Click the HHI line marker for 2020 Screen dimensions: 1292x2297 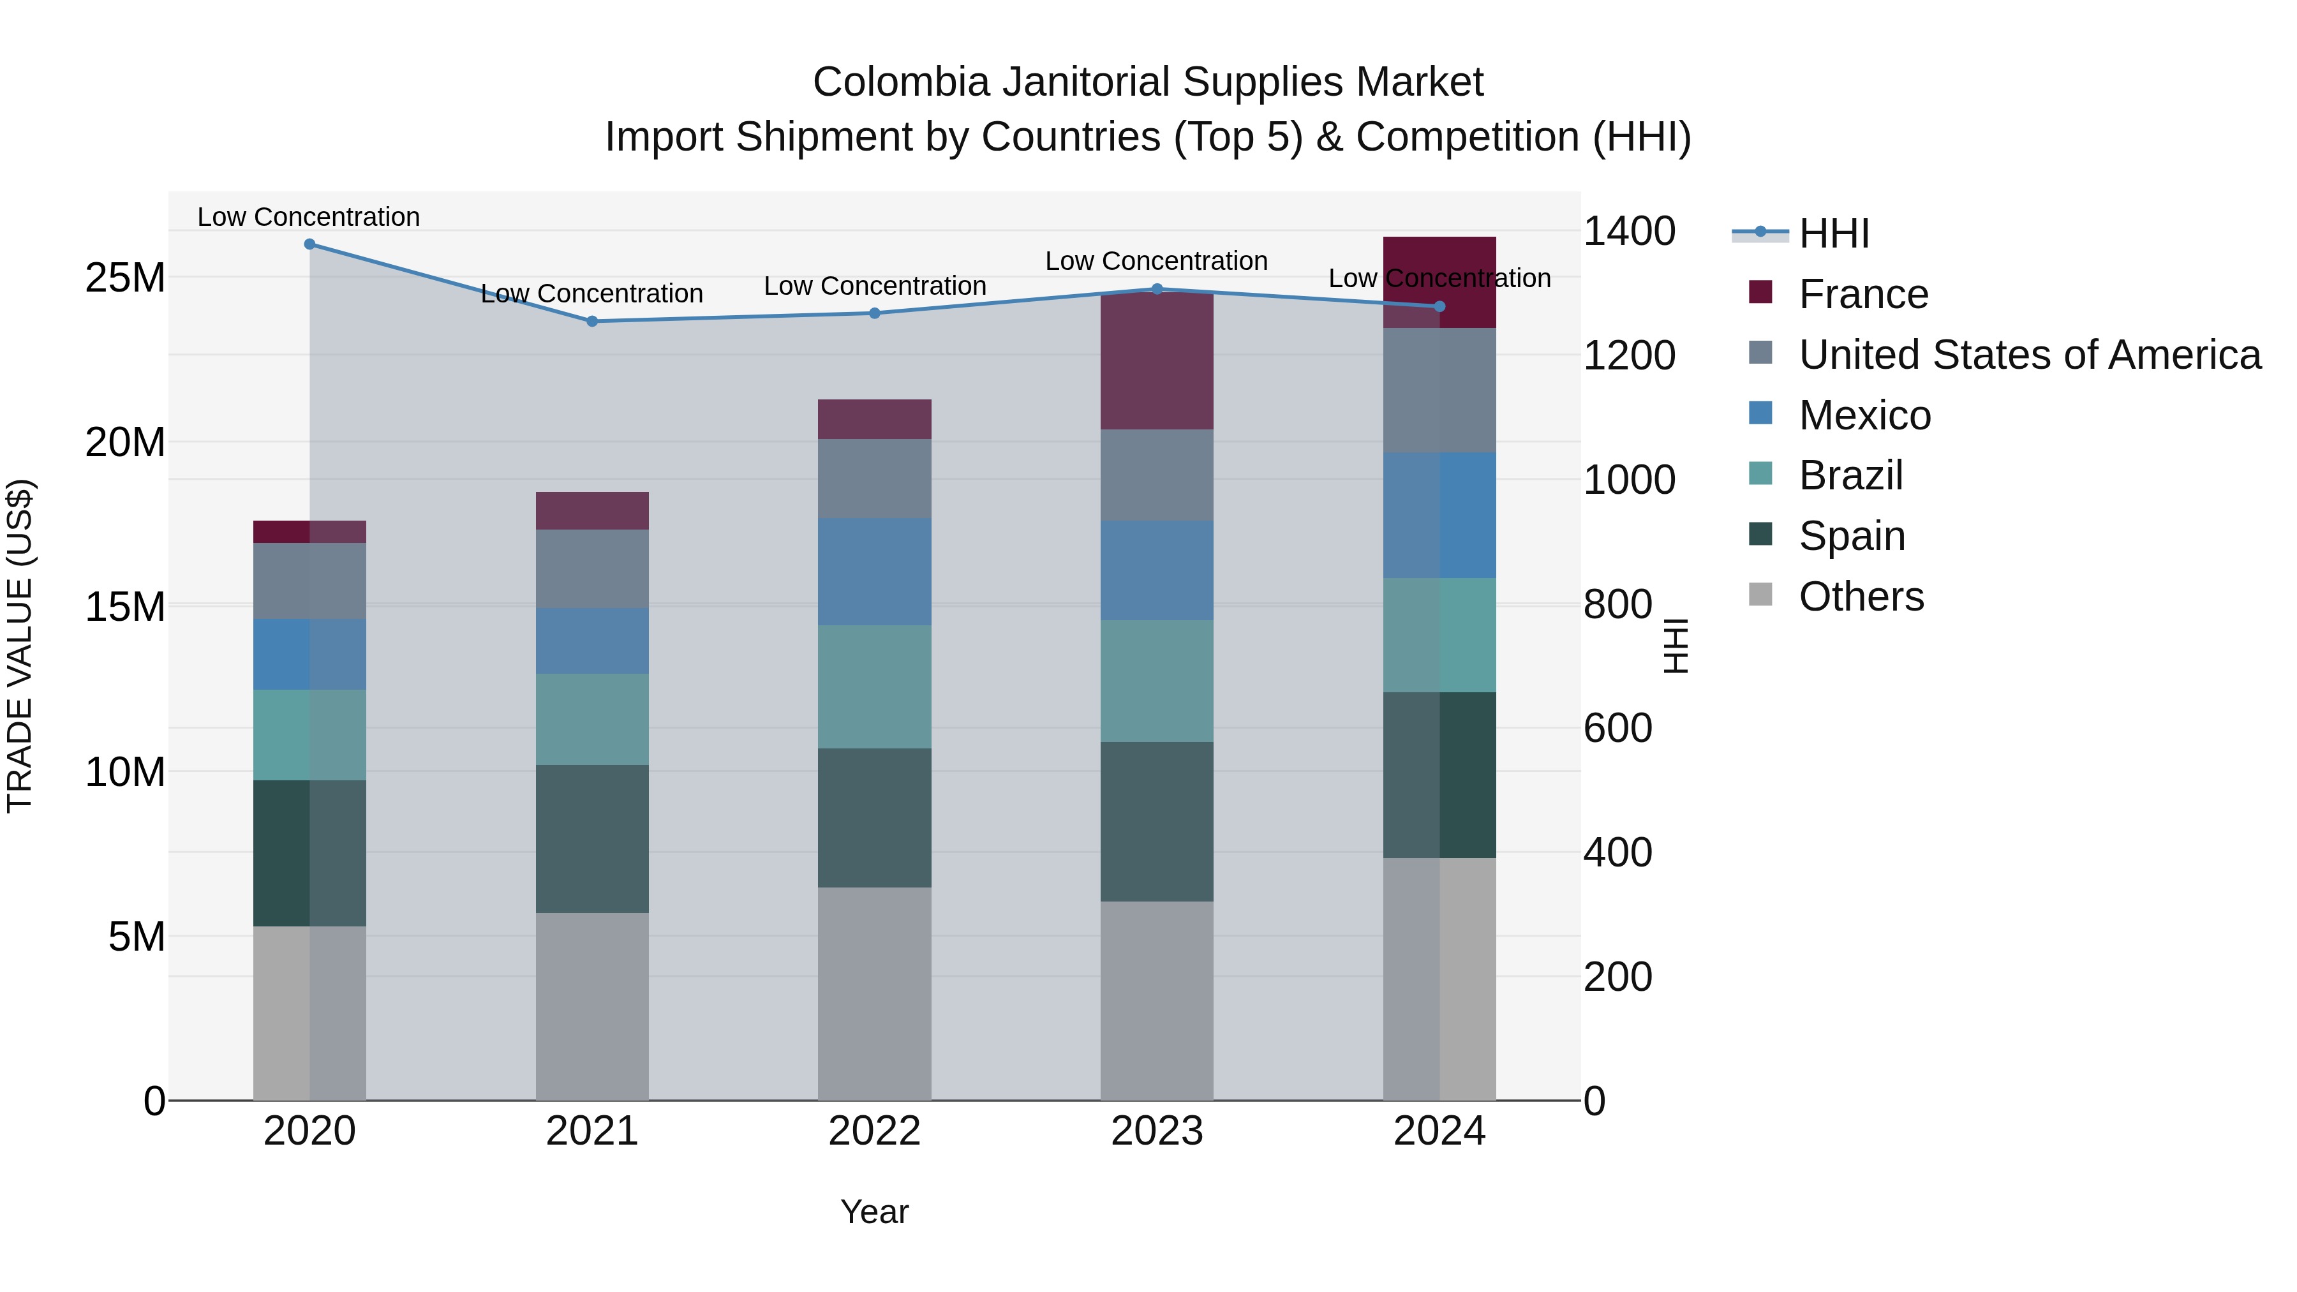(309, 244)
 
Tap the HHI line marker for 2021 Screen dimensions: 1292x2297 (592, 321)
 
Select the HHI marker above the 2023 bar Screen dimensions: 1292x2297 (1157, 289)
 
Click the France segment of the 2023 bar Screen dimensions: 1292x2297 (1157, 361)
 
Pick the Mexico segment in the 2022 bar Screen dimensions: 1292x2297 (874, 572)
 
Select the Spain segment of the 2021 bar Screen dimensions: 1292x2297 (592, 838)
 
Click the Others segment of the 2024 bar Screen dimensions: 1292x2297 (1439, 979)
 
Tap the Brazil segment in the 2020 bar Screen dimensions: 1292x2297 (309, 735)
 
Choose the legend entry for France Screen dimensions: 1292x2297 (1862, 294)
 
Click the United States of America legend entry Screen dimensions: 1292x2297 (2028, 355)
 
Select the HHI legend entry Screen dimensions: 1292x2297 (1832, 234)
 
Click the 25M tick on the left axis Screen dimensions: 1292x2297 (125, 278)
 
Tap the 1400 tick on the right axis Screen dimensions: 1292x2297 (1628, 232)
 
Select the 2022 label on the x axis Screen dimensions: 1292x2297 (874, 1131)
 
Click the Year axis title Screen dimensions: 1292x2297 (874, 1212)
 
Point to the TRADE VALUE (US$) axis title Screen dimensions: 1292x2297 (20, 646)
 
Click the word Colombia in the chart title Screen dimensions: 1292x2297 (900, 82)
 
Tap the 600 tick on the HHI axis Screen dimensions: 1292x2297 (1617, 729)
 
